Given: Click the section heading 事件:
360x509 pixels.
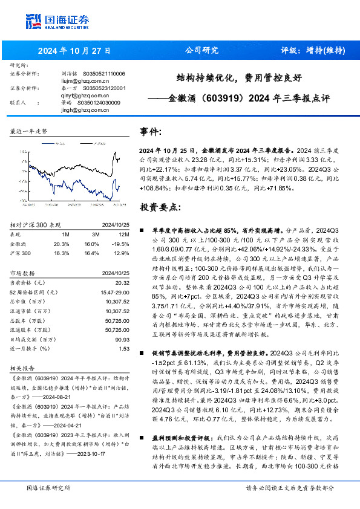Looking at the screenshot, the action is pos(151,131).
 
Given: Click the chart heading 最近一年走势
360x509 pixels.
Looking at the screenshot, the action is pos(28,131).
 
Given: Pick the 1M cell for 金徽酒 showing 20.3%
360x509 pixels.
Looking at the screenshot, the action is pos(62,243).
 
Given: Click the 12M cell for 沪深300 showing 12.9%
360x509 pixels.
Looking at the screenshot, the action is pos(120,253).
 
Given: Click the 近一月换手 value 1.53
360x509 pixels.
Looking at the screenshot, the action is pos(125,349).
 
